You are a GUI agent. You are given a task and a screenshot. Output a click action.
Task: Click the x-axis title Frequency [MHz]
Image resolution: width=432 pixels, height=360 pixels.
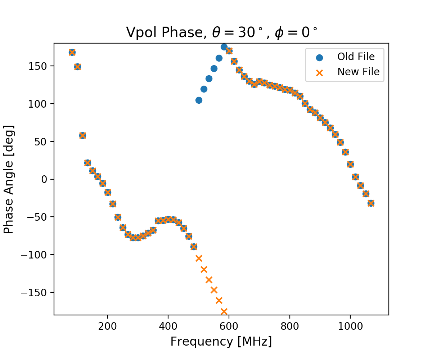(x=221, y=341)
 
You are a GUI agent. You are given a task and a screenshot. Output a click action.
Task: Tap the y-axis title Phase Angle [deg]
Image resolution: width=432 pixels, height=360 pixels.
(x=9, y=179)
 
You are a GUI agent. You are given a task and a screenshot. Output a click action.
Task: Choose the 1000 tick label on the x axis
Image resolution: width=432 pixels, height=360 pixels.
(x=350, y=325)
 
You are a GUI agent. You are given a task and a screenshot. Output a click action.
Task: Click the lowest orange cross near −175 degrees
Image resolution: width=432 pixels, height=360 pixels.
(x=224, y=311)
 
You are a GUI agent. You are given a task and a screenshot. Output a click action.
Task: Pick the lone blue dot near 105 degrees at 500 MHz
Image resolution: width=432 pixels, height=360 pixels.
(x=199, y=100)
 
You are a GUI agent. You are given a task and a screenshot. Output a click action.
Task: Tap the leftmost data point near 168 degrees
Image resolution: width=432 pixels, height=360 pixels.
(x=72, y=52)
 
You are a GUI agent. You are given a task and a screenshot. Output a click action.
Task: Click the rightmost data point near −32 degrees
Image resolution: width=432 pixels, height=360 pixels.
(x=371, y=203)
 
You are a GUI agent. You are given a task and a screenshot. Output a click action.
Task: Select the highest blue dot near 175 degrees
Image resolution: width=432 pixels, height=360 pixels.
(x=224, y=47)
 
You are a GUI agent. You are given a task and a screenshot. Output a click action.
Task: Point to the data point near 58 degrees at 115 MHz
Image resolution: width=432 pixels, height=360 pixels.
(x=82, y=135)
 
